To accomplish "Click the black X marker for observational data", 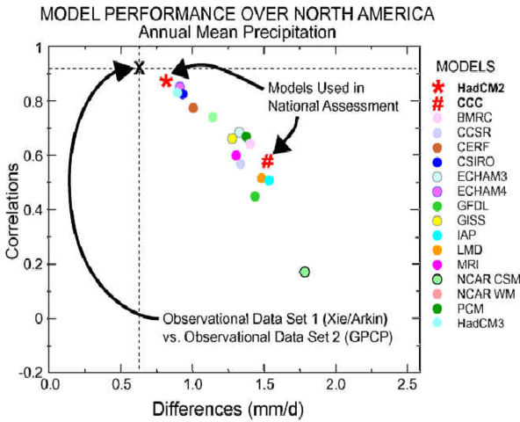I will point(138,68).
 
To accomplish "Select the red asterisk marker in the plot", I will point(166,82).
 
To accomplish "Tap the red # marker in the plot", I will point(268,162).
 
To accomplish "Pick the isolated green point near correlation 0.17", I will point(305,272).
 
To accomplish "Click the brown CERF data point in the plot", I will point(193,108).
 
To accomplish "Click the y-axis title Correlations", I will point(11,215).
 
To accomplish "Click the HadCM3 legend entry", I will point(481,325).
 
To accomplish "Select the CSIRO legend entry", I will point(478,161).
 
